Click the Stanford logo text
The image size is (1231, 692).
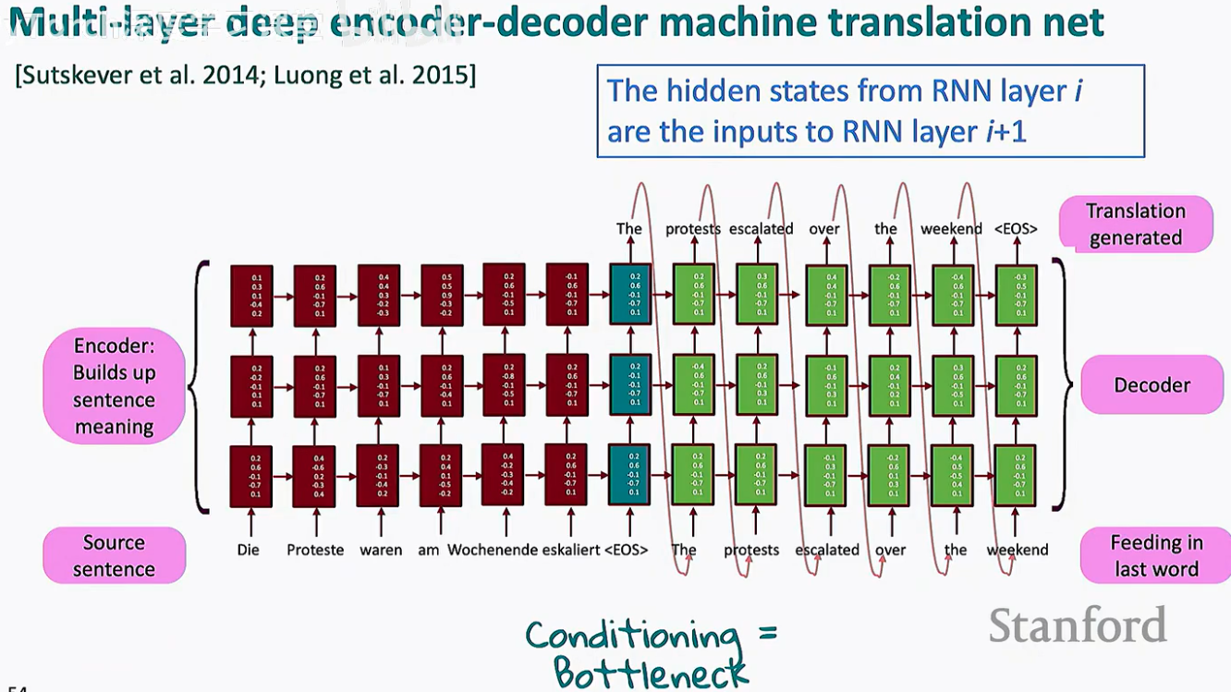tap(1077, 626)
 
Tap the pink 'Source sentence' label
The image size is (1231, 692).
tap(114, 555)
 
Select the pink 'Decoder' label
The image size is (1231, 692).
tap(1152, 384)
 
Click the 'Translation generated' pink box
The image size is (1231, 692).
tap(1135, 225)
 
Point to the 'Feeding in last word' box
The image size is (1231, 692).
tap(1156, 555)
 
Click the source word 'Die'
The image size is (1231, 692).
tap(248, 550)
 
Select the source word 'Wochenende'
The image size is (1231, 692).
tap(493, 550)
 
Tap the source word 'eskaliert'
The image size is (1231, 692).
tap(572, 550)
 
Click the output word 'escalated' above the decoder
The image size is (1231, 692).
tap(761, 228)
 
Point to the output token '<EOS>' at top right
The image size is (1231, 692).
tap(1015, 228)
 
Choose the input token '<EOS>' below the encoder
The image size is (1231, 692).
tap(626, 550)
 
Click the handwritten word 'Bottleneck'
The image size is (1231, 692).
tap(651, 672)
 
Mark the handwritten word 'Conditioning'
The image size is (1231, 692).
tap(633, 635)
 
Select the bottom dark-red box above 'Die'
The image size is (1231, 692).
tap(250, 475)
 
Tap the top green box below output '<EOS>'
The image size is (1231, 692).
tap(1015, 294)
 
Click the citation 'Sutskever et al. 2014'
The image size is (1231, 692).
tap(119, 75)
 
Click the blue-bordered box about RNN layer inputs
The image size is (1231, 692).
tap(871, 111)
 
